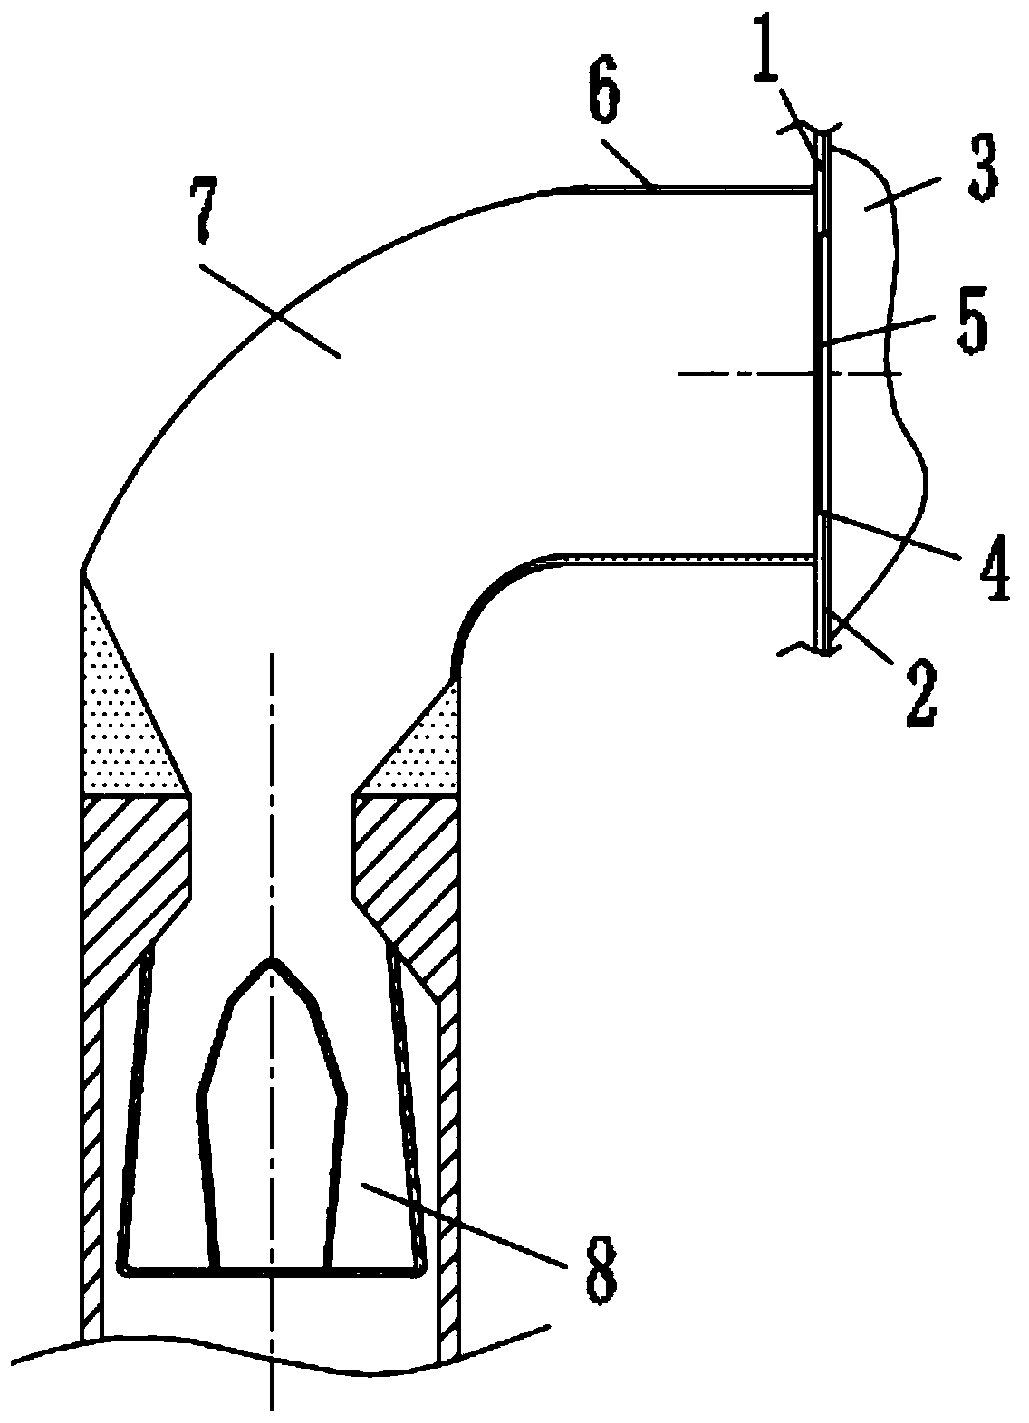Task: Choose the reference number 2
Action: (918, 692)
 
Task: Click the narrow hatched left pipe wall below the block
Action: (91, 1178)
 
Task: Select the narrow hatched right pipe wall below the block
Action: (447, 1178)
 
